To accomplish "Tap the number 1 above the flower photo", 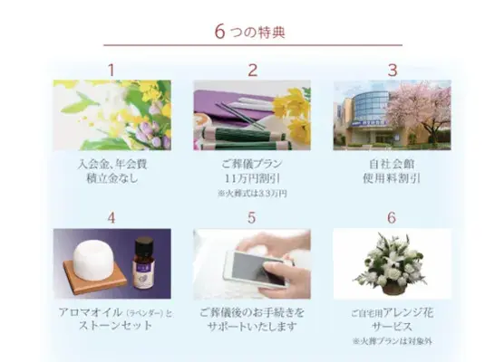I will click(x=112, y=69).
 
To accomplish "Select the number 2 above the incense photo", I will click(x=253, y=69).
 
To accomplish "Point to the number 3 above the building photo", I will click(x=392, y=69).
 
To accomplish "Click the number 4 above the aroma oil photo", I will click(x=112, y=217).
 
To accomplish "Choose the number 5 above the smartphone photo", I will click(x=253, y=217).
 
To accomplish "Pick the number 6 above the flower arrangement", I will click(x=392, y=217).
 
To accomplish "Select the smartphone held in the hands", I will click(x=253, y=269).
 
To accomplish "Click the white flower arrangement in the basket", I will click(x=392, y=265).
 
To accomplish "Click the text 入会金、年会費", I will click(x=112, y=166).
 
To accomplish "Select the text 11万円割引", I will click(x=253, y=180).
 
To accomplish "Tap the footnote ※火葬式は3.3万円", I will click(x=253, y=194).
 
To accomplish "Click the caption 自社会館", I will click(x=393, y=166).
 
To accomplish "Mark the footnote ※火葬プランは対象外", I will click(x=393, y=341).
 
